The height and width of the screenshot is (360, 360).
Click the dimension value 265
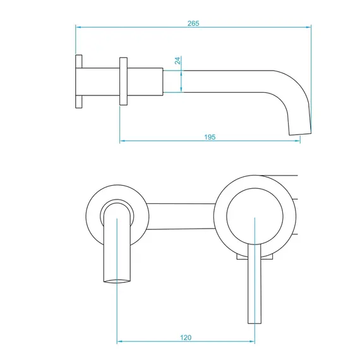click(x=193, y=23)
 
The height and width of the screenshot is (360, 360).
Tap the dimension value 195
click(x=210, y=137)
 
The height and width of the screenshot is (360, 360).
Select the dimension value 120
click(x=186, y=338)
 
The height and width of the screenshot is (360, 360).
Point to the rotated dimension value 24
click(x=177, y=61)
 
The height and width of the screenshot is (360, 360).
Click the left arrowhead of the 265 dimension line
click(x=78, y=27)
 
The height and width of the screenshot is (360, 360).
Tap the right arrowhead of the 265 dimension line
click(x=308, y=27)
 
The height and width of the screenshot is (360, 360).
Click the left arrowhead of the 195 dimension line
click(x=123, y=140)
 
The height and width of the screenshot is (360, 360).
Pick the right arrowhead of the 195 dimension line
click(x=297, y=140)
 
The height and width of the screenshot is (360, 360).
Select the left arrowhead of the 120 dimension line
click(x=119, y=342)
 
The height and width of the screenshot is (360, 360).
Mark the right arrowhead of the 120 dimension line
click(x=252, y=342)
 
